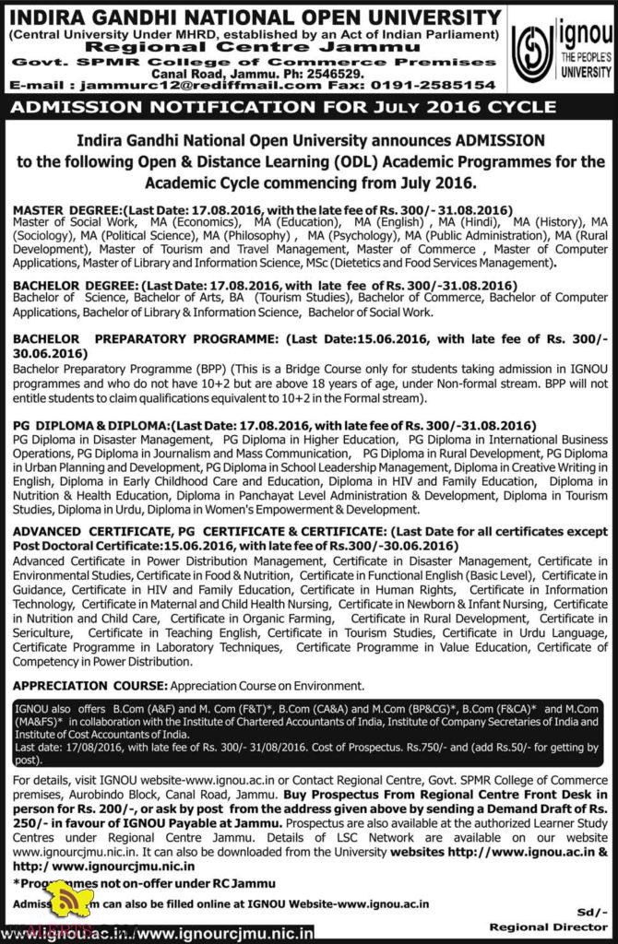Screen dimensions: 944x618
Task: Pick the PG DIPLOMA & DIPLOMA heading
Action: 90,426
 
